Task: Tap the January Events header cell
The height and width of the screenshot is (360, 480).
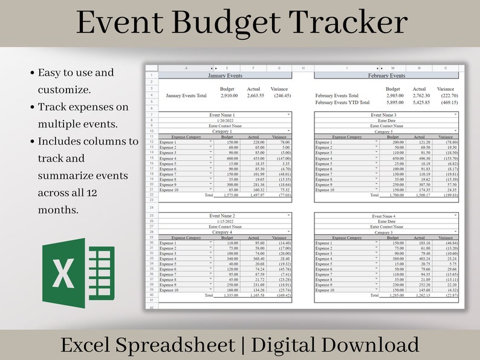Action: tap(224, 76)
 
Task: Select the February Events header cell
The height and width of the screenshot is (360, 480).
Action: tap(386, 76)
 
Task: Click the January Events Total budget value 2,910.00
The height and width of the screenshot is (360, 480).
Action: tap(229, 95)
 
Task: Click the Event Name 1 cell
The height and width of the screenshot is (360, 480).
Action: tap(221, 115)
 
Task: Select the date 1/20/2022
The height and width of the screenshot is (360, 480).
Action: tap(221, 120)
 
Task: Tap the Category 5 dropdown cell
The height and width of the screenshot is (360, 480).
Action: tap(383, 131)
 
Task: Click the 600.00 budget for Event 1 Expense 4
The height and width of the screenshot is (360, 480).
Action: tap(228, 158)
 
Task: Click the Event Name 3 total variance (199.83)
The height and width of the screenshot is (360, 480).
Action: tap(447, 196)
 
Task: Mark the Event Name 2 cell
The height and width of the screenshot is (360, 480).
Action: tap(221, 216)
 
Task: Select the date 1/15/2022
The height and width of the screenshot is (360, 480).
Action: tap(221, 221)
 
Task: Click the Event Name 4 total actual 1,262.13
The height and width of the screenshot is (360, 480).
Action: tap(421, 296)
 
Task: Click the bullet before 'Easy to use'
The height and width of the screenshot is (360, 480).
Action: tap(32, 74)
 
